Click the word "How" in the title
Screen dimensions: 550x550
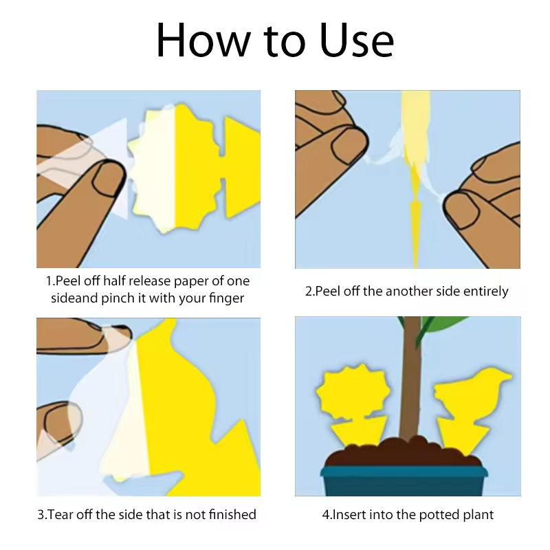(203, 40)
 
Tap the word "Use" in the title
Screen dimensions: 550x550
(356, 40)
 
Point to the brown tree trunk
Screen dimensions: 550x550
(411, 379)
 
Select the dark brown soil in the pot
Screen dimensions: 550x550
(404, 452)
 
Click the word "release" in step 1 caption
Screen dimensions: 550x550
(147, 280)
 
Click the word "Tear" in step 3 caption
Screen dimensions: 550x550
(60, 514)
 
